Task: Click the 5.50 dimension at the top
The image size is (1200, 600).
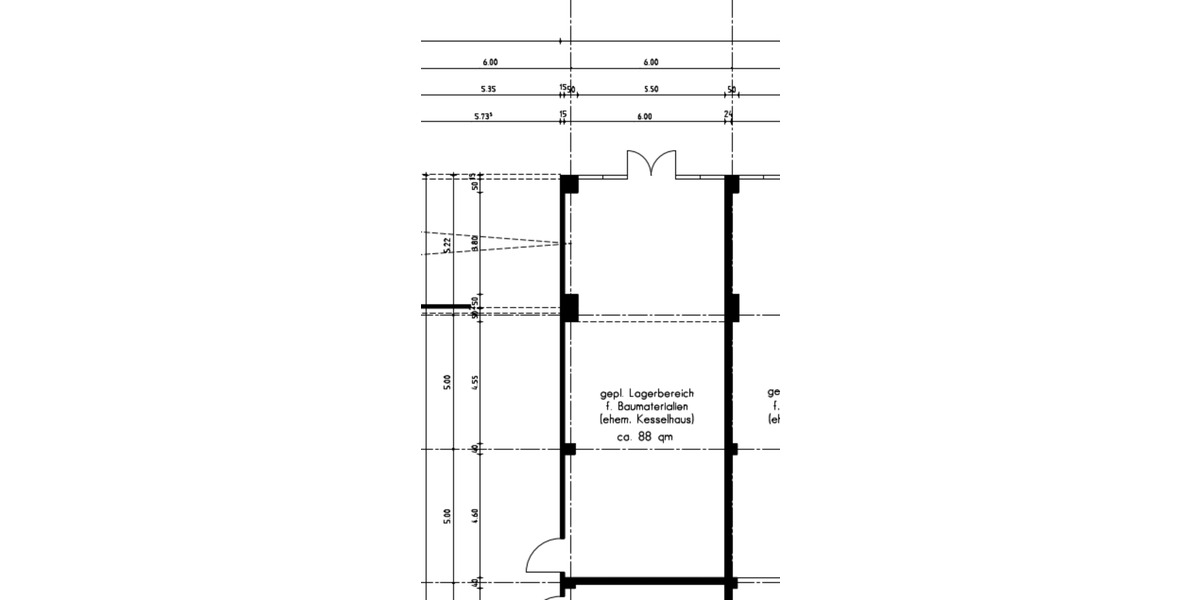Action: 650,89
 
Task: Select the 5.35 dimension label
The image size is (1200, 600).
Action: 489,89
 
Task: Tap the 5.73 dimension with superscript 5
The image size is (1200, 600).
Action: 485,116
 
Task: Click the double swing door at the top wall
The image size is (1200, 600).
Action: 651,164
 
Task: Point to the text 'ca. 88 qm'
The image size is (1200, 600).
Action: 645,436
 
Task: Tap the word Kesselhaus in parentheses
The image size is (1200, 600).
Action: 663,420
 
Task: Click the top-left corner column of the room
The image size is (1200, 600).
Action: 568,184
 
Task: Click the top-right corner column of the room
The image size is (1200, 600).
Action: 731,184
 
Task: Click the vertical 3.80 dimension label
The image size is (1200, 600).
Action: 474,241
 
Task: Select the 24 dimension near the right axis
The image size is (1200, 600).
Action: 727,116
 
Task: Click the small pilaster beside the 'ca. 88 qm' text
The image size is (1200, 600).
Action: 568,449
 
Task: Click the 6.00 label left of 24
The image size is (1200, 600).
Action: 644,116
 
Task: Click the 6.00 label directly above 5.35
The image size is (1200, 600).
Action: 490,62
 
